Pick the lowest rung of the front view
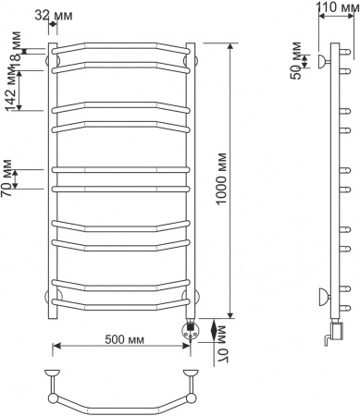pos(121,302)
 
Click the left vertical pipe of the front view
pos(53,185)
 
